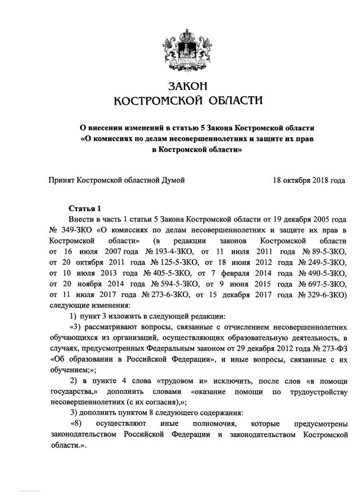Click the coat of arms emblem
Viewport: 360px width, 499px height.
point(180,49)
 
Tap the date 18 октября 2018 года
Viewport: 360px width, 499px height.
point(309,180)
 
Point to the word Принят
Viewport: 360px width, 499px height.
point(62,180)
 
